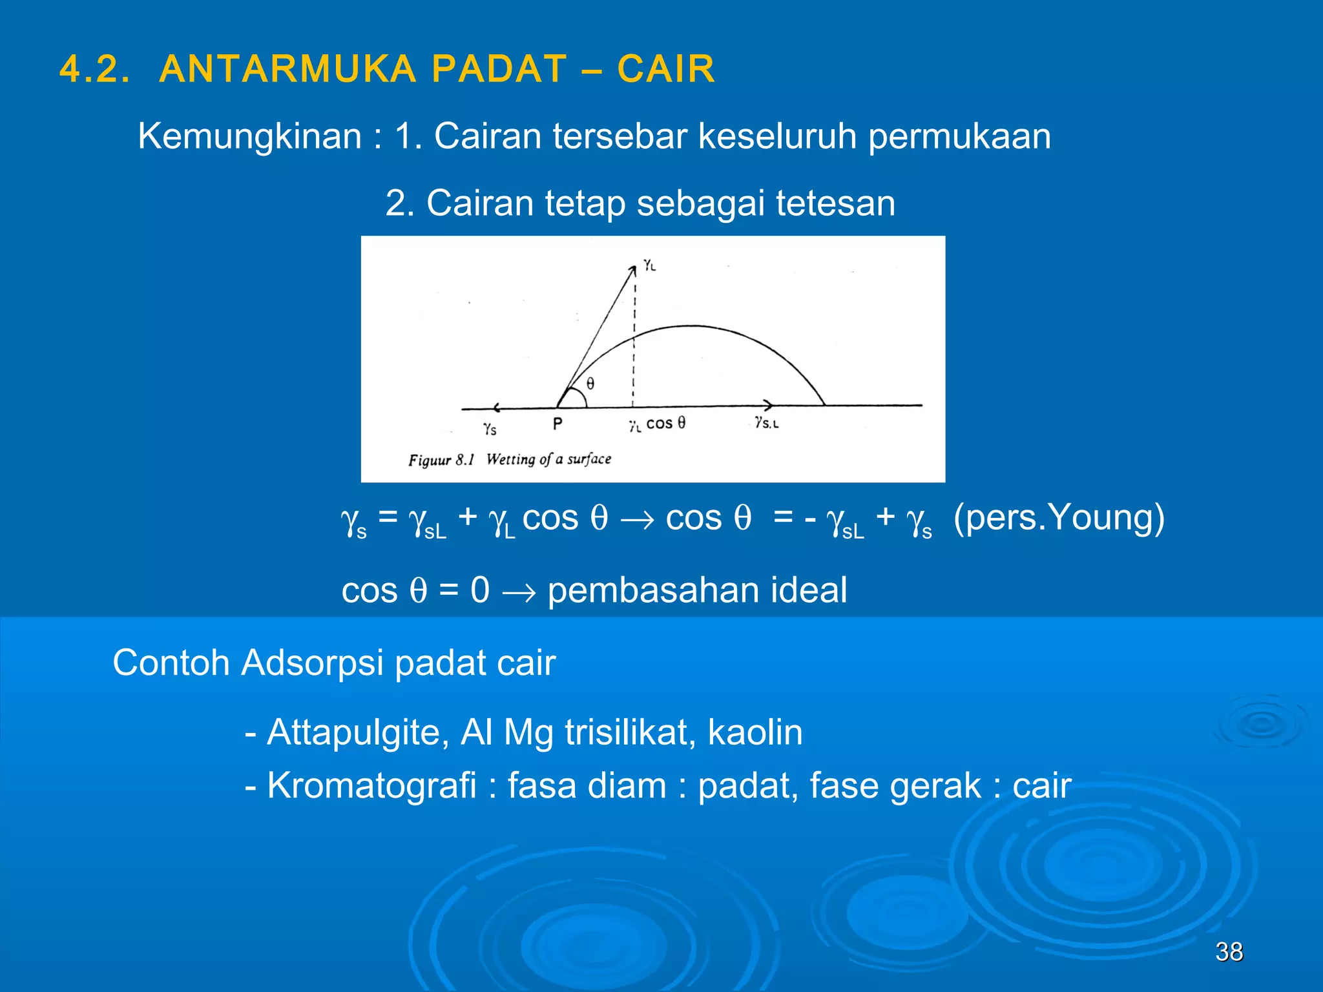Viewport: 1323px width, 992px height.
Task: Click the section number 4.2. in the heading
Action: tap(95, 69)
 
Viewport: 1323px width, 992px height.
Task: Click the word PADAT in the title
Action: tap(499, 69)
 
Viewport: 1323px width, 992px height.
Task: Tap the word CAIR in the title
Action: tap(666, 69)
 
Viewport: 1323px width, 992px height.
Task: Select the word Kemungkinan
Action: tap(250, 136)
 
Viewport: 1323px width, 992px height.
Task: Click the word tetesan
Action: tap(835, 203)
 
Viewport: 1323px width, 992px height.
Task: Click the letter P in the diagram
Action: tap(557, 424)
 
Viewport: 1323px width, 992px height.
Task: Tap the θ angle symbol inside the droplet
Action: tap(590, 384)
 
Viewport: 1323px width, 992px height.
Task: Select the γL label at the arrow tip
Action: tap(649, 265)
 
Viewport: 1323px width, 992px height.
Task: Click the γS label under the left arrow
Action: tap(490, 428)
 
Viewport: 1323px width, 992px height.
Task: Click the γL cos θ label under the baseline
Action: tap(658, 424)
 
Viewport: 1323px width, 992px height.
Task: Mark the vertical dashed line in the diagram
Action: tap(634, 349)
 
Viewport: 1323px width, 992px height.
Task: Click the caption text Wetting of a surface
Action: tap(548, 459)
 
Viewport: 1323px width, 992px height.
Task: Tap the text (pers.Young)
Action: tap(1059, 517)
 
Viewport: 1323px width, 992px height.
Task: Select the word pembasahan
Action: tap(654, 590)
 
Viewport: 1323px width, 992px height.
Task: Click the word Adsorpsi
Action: tap(313, 663)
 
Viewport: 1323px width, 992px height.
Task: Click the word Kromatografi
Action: tap(371, 786)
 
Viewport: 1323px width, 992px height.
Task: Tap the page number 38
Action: tap(1229, 951)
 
